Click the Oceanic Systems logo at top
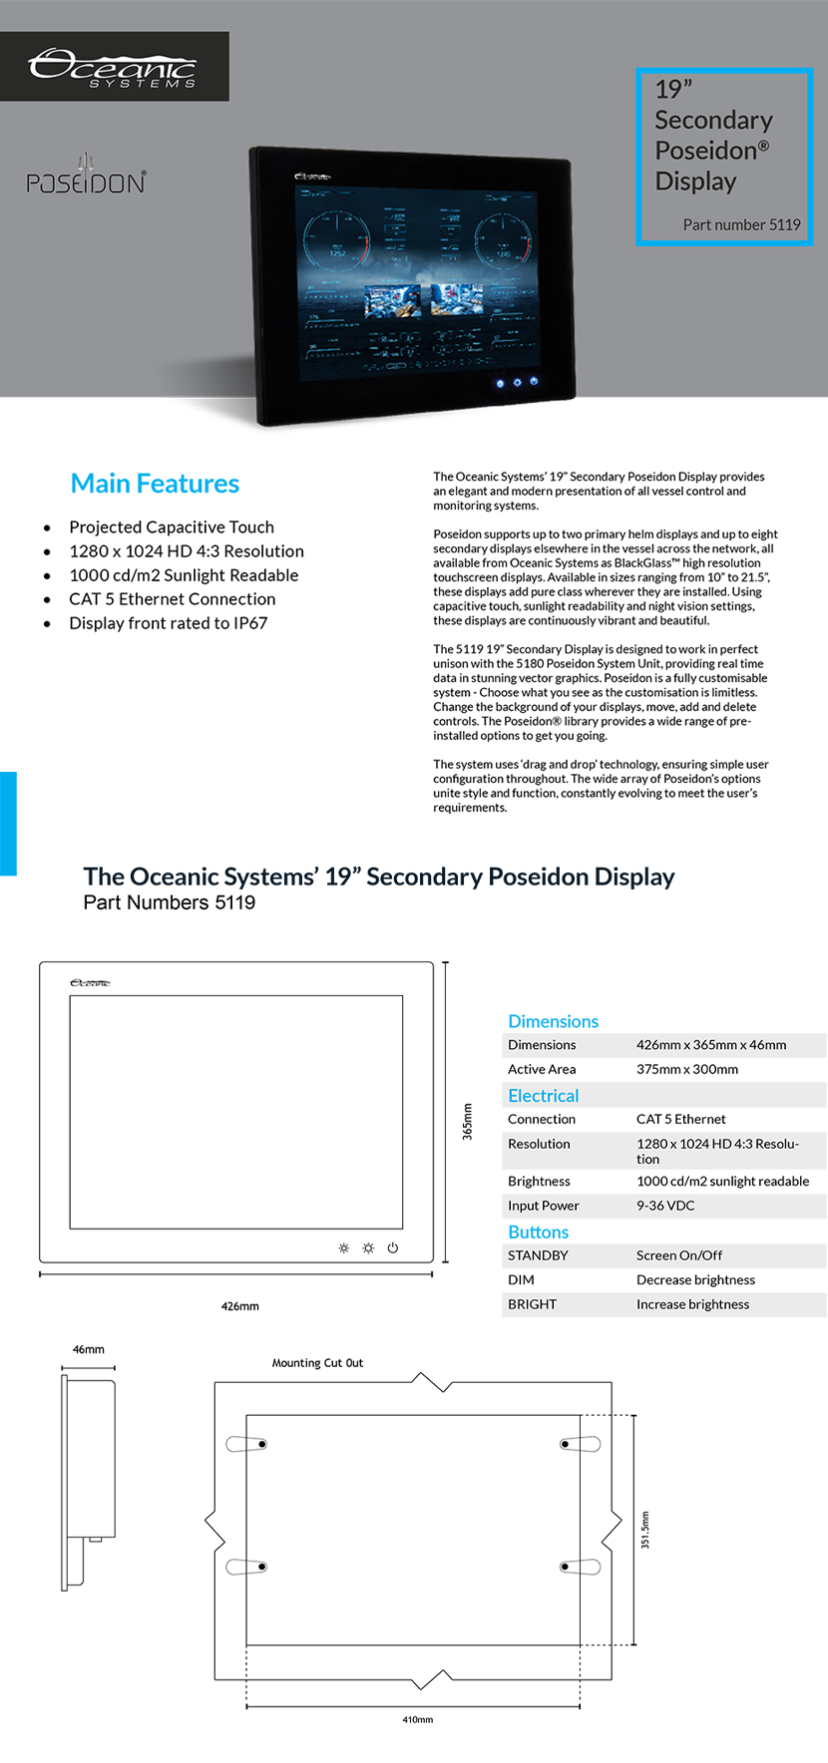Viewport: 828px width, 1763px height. click(113, 68)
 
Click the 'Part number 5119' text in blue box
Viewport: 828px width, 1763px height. click(741, 224)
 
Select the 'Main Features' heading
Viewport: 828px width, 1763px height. click(155, 484)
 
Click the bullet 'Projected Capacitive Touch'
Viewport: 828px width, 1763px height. click(171, 528)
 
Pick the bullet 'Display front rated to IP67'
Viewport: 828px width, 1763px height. click(168, 623)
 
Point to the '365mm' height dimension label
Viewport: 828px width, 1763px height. click(467, 1121)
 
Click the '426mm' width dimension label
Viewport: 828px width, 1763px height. click(239, 1306)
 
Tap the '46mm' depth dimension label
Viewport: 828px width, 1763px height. click(88, 1349)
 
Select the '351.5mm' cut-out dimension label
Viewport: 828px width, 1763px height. click(644, 1529)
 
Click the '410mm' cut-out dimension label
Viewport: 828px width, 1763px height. click(417, 1719)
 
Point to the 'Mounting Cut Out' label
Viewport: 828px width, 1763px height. click(317, 1363)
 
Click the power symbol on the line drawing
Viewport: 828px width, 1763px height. click(393, 1247)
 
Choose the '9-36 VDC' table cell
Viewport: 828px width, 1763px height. click(665, 1206)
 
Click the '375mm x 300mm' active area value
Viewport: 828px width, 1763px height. click(687, 1069)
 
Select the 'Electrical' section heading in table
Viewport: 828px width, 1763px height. click(543, 1095)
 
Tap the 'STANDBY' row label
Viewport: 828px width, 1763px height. click(538, 1255)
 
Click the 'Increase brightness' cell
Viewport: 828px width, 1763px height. click(692, 1304)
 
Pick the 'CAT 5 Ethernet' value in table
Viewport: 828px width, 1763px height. click(680, 1119)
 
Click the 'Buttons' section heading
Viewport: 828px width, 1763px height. click(538, 1232)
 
